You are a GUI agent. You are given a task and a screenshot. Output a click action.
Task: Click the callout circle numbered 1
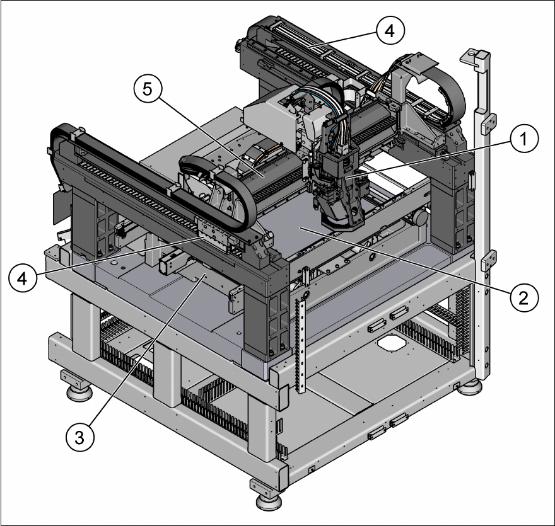tap(524, 139)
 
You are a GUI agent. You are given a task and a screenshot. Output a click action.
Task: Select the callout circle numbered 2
tap(524, 298)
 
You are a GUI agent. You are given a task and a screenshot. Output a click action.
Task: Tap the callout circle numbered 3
tap(80, 437)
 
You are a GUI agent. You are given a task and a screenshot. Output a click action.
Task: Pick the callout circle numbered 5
tap(148, 88)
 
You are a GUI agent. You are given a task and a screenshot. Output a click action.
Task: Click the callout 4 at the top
tap(390, 30)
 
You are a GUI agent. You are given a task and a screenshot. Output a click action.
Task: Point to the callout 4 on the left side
tap(23, 278)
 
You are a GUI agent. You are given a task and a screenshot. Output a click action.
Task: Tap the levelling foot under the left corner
tap(78, 386)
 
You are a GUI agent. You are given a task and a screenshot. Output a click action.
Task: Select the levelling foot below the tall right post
tap(469, 386)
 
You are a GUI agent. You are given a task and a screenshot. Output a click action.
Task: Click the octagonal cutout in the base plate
tap(391, 343)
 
